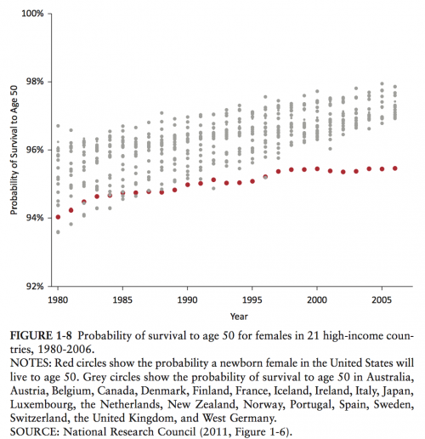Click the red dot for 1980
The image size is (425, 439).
coord(58,217)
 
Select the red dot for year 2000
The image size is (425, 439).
coord(317,169)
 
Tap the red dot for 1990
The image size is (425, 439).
coord(188,185)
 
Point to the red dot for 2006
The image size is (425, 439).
coord(395,168)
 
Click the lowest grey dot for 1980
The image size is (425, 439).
coord(58,232)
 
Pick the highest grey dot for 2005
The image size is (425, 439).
coord(382,83)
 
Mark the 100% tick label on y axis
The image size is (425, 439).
coord(32,14)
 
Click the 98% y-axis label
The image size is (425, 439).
coord(35,82)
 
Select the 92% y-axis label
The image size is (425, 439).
coord(35,287)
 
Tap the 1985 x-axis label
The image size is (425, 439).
coord(122,300)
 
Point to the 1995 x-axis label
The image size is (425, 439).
coord(252,300)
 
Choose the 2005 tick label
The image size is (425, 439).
coord(382,300)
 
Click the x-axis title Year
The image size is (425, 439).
coord(239,316)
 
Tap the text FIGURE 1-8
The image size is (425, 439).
coord(41,336)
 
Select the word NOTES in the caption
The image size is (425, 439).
coord(31,363)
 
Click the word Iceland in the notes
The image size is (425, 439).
coord(292,391)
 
